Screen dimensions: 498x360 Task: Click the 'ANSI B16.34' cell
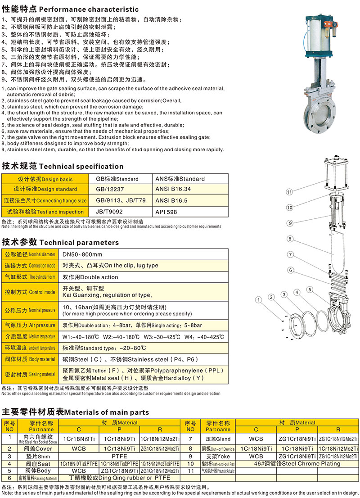tap(173, 189)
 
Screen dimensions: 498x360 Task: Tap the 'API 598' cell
tap(166, 211)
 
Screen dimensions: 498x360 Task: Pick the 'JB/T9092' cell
tap(109, 211)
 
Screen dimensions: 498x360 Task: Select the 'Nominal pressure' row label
tap(30, 310)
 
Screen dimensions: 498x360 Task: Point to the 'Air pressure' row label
tap(30, 325)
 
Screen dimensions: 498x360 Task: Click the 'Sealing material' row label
tap(30, 374)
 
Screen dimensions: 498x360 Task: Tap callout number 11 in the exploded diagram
tap(290, 192)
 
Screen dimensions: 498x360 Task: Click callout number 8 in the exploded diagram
tap(290, 239)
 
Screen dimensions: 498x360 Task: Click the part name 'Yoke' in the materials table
tap(218, 456)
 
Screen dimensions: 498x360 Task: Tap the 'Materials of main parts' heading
tap(76, 412)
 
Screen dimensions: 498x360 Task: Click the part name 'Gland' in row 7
tap(218, 439)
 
